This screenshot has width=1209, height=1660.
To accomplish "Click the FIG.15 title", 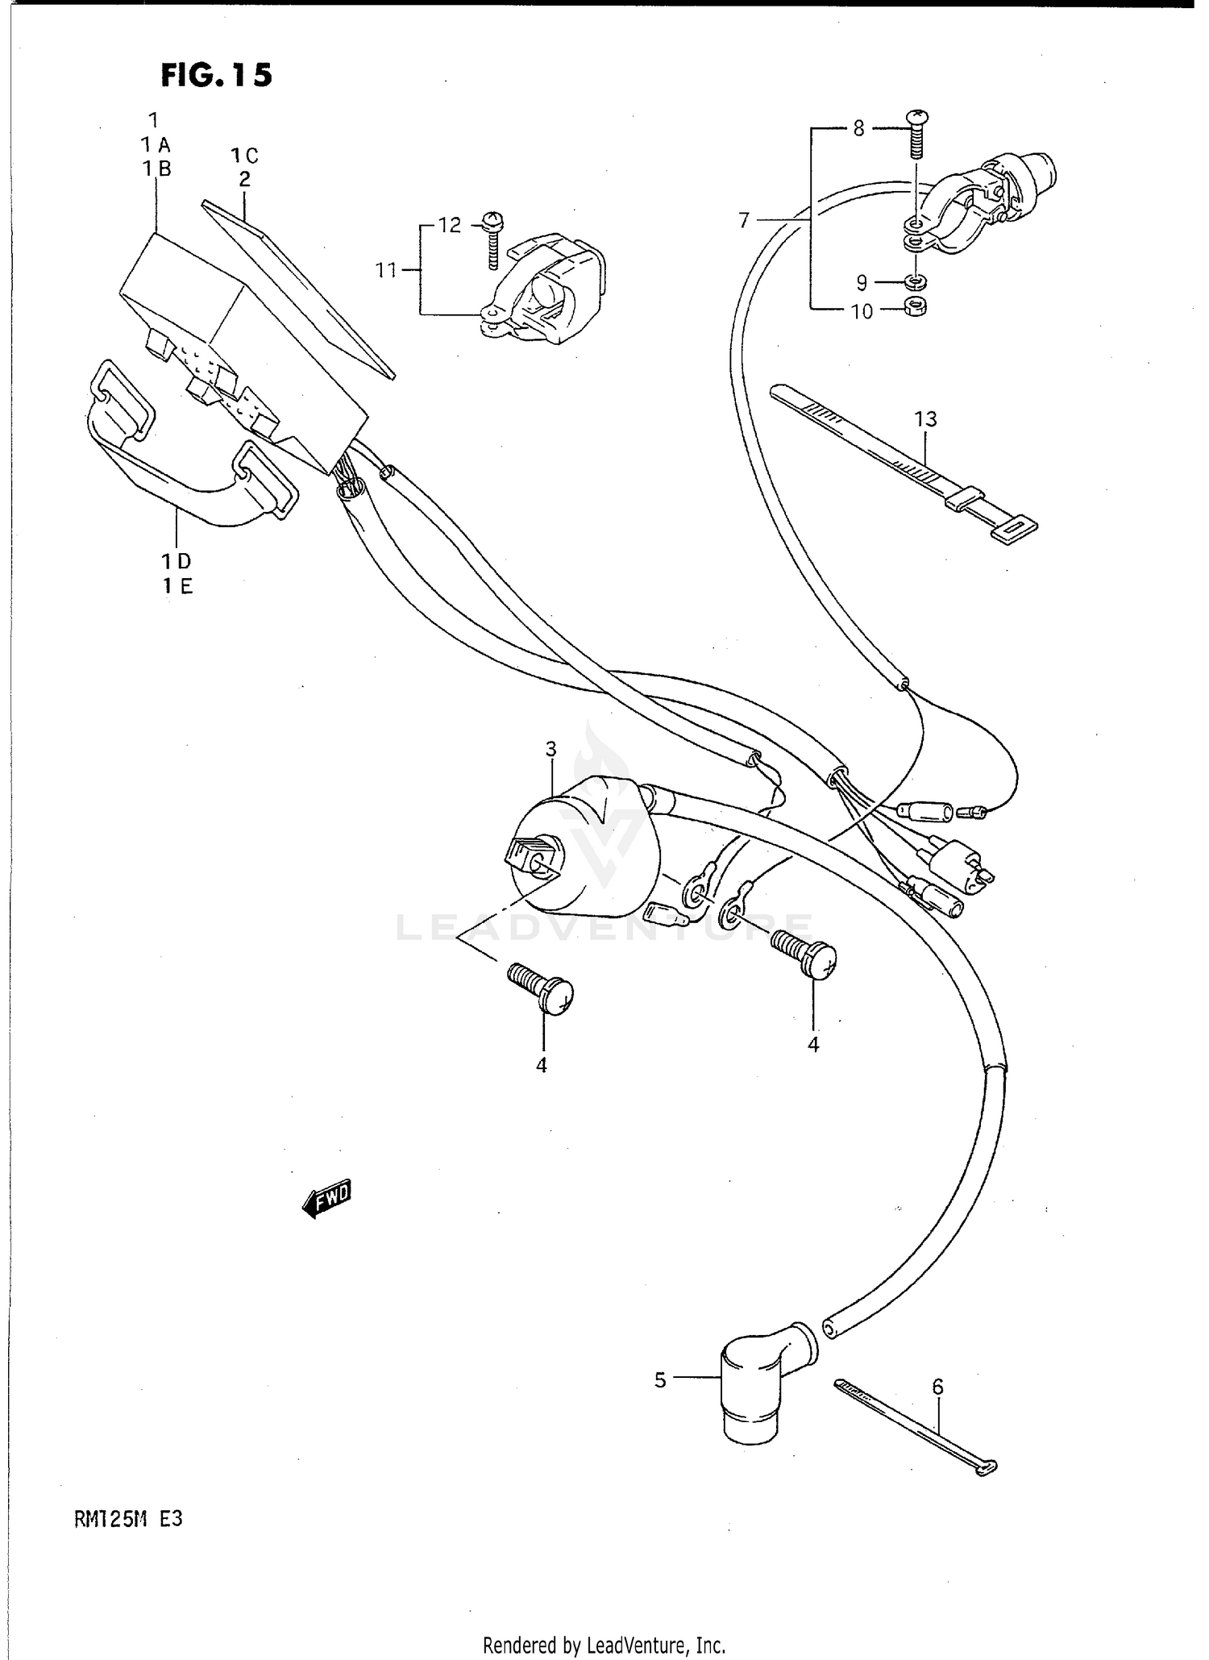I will click(216, 75).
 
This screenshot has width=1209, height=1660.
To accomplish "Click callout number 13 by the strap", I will click(926, 419).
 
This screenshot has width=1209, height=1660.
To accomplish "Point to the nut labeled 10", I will click(916, 306).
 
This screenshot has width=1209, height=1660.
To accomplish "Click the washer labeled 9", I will click(916, 282).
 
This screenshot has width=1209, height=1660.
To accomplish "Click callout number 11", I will click(387, 270).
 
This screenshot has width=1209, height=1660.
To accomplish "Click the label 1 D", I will click(176, 561).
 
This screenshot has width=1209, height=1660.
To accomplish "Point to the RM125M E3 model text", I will click(129, 1519).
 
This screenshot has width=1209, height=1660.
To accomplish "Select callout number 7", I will click(743, 219).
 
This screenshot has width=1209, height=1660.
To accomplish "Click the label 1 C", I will click(244, 155).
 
